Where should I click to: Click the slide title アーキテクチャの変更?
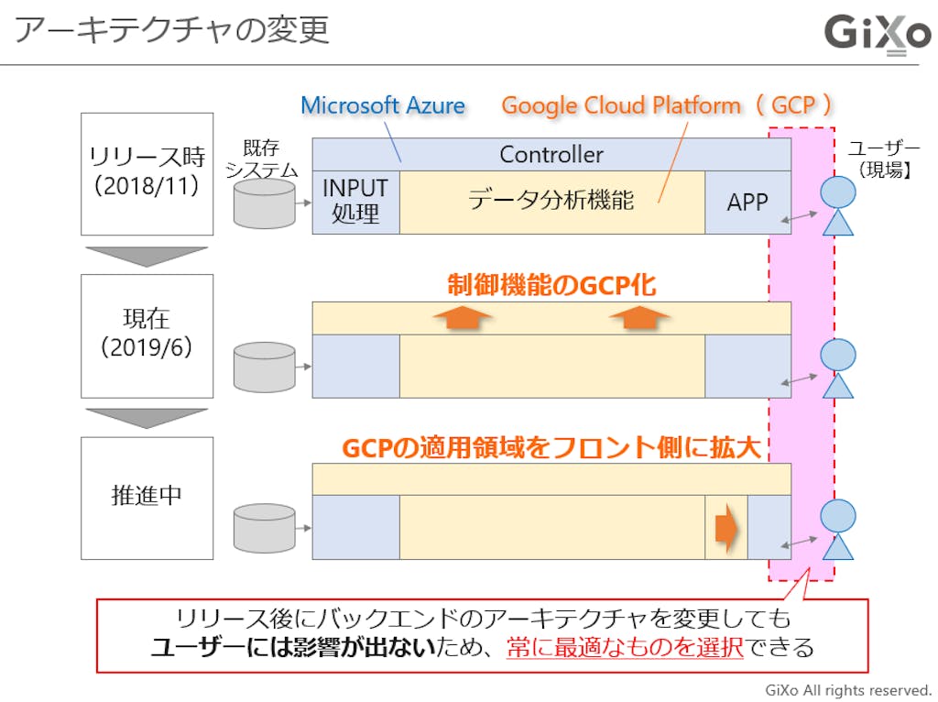coord(172,30)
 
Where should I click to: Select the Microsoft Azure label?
coord(383,105)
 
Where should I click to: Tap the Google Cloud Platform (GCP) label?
coord(668,105)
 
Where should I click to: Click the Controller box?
coord(551,154)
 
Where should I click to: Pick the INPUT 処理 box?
coord(355,202)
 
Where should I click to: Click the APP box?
coord(747,202)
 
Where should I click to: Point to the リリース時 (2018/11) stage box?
coord(147,173)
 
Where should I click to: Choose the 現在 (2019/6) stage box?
coord(147,335)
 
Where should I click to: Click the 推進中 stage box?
coord(147,496)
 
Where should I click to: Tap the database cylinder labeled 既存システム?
coord(265,203)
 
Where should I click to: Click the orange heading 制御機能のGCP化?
coord(551,286)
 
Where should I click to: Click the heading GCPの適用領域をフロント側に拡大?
coord(553,447)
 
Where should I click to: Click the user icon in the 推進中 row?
coord(837,529)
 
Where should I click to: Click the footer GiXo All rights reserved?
coord(847,689)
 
